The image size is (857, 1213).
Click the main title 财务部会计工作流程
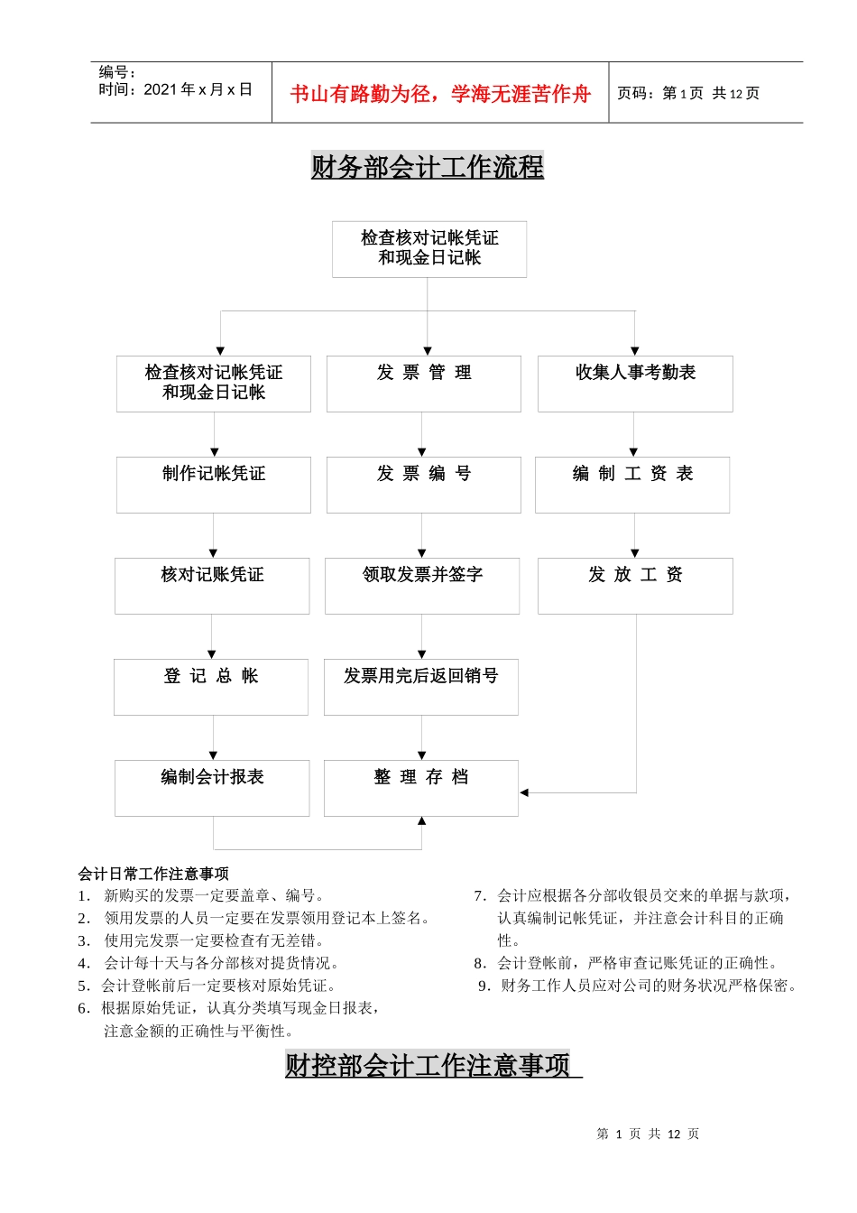(427, 167)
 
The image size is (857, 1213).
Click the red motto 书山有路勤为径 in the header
(440, 94)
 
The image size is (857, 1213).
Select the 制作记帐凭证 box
(214, 485)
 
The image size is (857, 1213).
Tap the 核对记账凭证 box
(212, 586)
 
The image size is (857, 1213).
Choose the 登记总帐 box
(211, 687)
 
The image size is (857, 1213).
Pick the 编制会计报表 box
(212, 788)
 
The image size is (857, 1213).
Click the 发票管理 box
(423, 384)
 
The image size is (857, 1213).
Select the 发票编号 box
(423, 485)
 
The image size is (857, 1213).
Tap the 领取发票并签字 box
(422, 586)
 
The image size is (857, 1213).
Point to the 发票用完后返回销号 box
(420, 687)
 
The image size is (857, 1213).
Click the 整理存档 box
(420, 788)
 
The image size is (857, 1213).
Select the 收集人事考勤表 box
(635, 384)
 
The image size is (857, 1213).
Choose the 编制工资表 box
(632, 485)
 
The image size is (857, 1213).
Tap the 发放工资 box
(635, 586)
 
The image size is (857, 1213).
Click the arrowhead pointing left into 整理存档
(524, 792)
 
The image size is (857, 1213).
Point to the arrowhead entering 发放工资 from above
(635, 553)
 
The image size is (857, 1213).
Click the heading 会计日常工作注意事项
(153, 874)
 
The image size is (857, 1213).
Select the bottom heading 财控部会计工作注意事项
(428, 1065)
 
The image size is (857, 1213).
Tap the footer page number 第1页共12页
(648, 1134)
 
